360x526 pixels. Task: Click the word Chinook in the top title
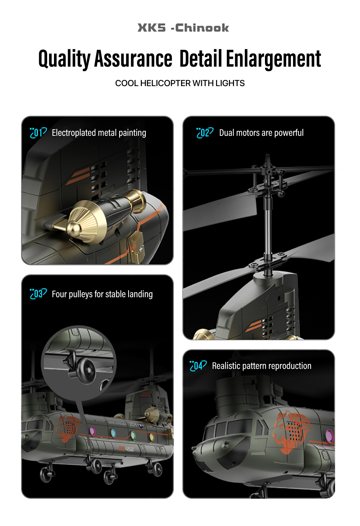pos(202,28)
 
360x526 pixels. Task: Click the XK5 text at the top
pos(152,28)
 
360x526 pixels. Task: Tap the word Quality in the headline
pos(64,59)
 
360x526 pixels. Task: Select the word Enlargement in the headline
pos(273,59)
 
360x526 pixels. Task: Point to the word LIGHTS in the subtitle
pos(230,83)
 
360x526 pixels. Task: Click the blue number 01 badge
pos(38,133)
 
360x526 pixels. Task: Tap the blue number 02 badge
pos(205,133)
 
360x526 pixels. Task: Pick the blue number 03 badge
pos(38,294)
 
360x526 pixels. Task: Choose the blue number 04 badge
pos(198,366)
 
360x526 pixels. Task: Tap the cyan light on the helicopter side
pos(113,433)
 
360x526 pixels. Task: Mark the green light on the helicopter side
pos(133,434)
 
